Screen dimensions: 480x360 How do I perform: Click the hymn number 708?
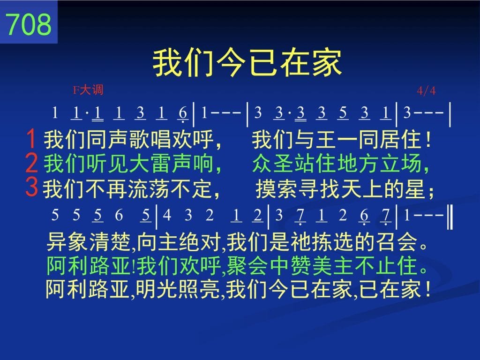click(29, 24)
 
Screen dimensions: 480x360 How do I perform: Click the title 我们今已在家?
click(247, 63)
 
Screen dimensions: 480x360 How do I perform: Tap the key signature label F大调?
click(88, 90)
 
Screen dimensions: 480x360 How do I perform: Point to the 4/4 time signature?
click(426, 90)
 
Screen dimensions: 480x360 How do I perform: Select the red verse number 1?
click(31, 139)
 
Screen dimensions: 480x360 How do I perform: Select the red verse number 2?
click(31, 163)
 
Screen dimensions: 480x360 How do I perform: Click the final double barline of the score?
click(450, 217)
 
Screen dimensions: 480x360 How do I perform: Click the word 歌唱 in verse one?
click(150, 139)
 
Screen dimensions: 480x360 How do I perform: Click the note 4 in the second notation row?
click(167, 216)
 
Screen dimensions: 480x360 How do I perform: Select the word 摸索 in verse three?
click(277, 188)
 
